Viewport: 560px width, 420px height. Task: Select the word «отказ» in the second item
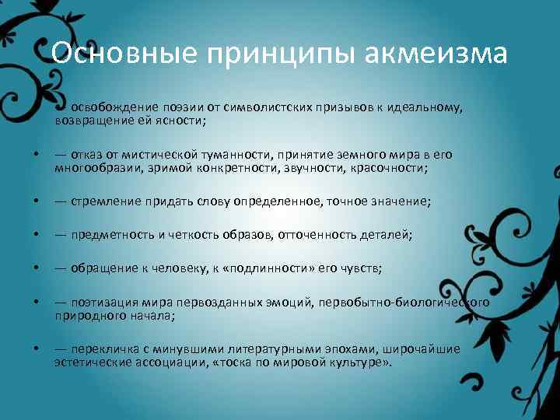(86, 155)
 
